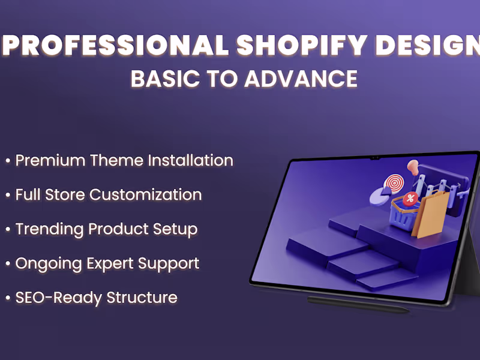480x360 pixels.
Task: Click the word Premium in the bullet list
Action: pyautogui.click(x=50, y=161)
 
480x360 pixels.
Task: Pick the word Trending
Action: pyautogui.click(x=50, y=229)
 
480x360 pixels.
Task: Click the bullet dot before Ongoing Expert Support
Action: pyautogui.click(x=8, y=264)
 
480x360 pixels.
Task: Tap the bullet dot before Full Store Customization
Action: pyautogui.click(x=8, y=196)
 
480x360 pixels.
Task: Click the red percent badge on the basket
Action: pyautogui.click(x=410, y=199)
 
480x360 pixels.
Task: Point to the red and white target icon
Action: pyautogui.click(x=394, y=182)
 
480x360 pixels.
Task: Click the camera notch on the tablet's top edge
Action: pyautogui.click(x=375, y=158)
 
